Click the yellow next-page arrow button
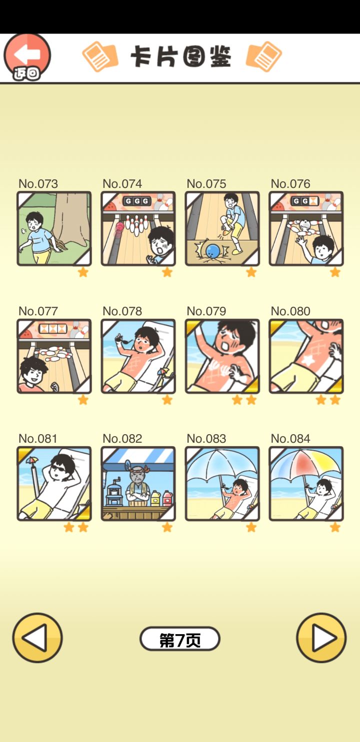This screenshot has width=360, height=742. (x=321, y=638)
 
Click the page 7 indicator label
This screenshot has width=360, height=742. (x=180, y=638)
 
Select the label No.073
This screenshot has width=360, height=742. (x=38, y=183)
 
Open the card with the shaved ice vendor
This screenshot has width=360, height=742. (x=138, y=484)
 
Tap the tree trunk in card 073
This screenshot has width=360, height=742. (x=70, y=217)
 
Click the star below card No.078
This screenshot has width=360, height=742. (x=167, y=400)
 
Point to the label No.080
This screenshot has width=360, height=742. (x=290, y=311)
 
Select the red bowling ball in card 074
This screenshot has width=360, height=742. (x=119, y=227)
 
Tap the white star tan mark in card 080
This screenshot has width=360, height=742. (x=308, y=360)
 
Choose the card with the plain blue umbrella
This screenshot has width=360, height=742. (x=222, y=484)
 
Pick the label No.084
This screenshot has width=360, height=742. (x=290, y=439)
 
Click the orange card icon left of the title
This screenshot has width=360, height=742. (x=100, y=56)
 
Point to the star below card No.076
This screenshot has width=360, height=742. (x=335, y=272)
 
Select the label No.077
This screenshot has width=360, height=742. (x=38, y=311)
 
